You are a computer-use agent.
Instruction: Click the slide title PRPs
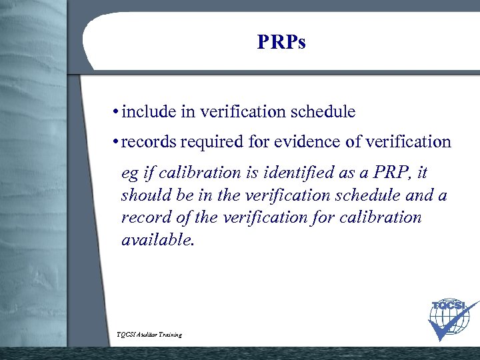pos(281,43)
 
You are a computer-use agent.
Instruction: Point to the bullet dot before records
pos(117,142)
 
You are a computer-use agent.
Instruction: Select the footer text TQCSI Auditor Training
pos(149,334)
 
